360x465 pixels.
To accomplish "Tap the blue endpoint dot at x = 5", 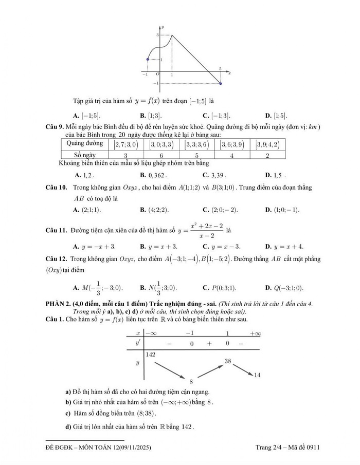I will tap(221, 83).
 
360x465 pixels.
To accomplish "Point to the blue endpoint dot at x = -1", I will tap(148, 60).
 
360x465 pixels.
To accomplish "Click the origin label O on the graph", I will tap(157, 75).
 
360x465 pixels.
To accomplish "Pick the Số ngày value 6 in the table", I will tap(161, 155).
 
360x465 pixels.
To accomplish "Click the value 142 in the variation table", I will tap(151, 355).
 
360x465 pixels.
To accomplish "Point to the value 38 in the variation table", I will tap(229, 361).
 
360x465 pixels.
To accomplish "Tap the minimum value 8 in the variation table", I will tap(191, 382).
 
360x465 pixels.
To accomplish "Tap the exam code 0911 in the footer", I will tap(312, 448).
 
